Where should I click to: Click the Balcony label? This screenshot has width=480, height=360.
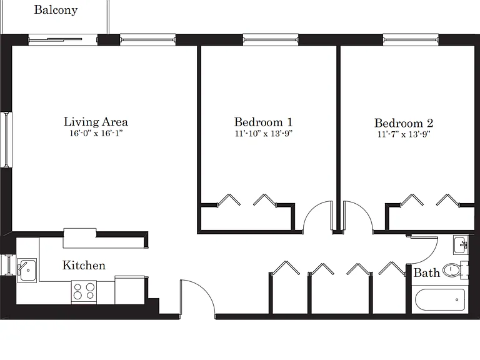click(x=56, y=10)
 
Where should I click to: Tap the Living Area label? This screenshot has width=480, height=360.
click(x=96, y=122)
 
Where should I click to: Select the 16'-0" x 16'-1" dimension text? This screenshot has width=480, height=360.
click(x=96, y=133)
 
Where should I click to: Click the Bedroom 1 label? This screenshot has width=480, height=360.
click(x=263, y=122)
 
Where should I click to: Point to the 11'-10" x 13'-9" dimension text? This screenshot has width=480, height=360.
click(x=264, y=134)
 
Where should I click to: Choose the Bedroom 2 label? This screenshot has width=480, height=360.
click(x=404, y=123)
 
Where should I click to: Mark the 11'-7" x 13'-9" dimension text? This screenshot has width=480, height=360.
click(x=404, y=134)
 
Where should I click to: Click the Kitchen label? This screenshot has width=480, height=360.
click(x=84, y=265)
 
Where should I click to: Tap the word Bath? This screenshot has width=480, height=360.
click(x=426, y=272)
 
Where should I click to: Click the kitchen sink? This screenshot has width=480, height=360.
click(x=27, y=270)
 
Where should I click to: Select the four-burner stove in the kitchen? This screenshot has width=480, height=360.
click(x=84, y=292)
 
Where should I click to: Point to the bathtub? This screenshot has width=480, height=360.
click(x=440, y=300)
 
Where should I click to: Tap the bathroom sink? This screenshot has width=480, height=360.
click(x=461, y=244)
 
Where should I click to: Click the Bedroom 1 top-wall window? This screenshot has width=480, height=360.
click(x=271, y=40)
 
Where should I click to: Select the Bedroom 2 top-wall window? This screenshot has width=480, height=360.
click(x=411, y=40)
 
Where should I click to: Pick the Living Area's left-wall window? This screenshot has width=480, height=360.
click(x=6, y=139)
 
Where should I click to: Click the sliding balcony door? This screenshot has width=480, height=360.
click(x=62, y=40)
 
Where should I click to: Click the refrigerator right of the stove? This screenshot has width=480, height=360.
click(x=130, y=290)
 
